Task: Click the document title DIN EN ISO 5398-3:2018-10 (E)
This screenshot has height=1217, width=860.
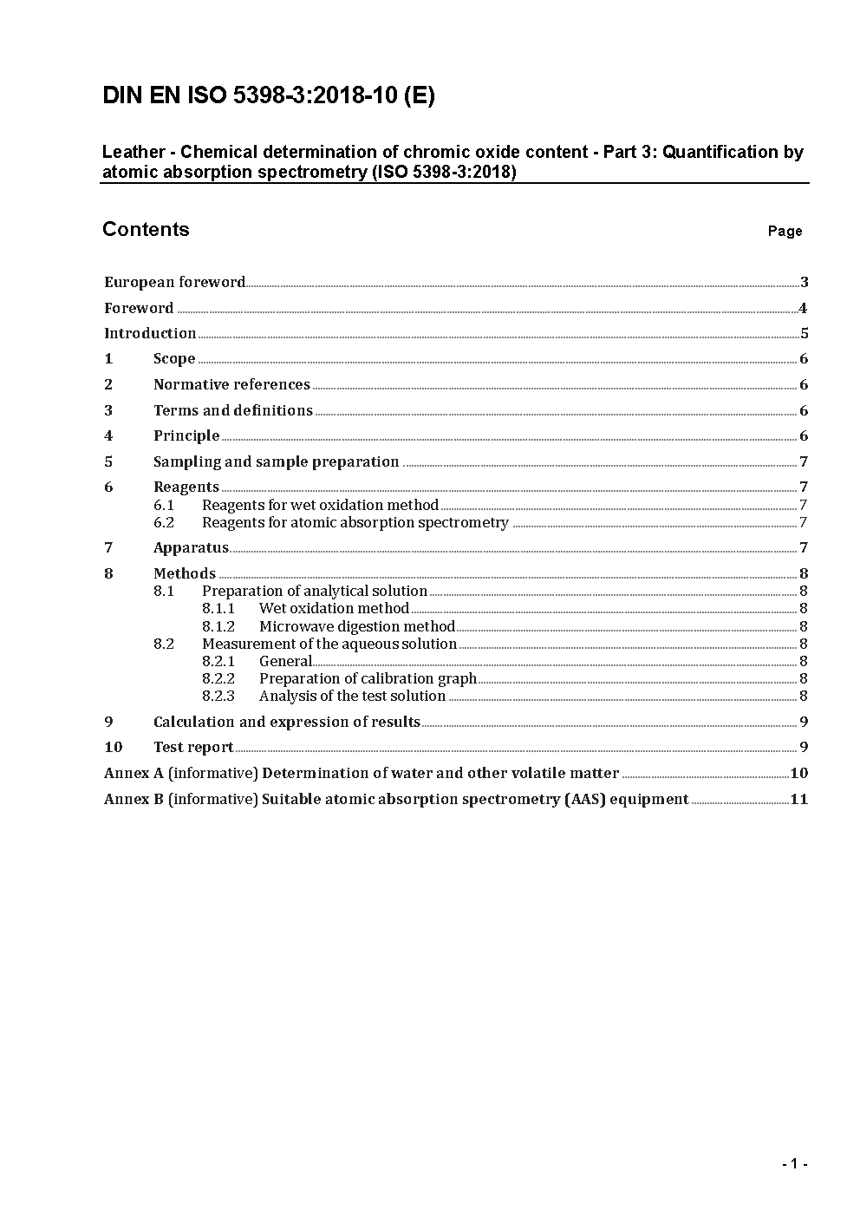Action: tap(269, 95)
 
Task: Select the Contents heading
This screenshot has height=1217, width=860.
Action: tap(146, 229)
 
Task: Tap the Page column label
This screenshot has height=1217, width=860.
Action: tap(785, 231)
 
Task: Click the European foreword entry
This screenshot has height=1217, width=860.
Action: tap(174, 282)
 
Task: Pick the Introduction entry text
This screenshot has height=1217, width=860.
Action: tap(150, 333)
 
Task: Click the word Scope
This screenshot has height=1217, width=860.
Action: tap(174, 359)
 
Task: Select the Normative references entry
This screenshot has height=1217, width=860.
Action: tap(231, 384)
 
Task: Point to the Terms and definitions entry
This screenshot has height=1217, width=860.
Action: tap(233, 410)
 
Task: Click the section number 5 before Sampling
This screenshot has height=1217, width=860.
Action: tap(108, 461)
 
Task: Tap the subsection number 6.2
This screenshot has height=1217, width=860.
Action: tap(164, 522)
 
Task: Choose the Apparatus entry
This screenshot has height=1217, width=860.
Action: tap(191, 547)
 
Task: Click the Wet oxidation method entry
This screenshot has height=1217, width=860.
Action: tap(334, 609)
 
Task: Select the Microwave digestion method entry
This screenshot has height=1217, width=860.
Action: tap(357, 626)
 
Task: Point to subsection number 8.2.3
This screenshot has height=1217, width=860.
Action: tap(218, 696)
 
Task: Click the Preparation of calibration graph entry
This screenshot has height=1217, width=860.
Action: tap(368, 678)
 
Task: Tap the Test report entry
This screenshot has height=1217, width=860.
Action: tap(193, 747)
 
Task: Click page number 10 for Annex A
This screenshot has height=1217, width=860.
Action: tap(798, 773)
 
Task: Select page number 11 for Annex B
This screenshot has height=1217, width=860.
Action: tap(798, 799)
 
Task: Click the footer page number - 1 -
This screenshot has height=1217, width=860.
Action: tap(794, 1164)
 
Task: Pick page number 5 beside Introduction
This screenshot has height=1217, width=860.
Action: tap(804, 333)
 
